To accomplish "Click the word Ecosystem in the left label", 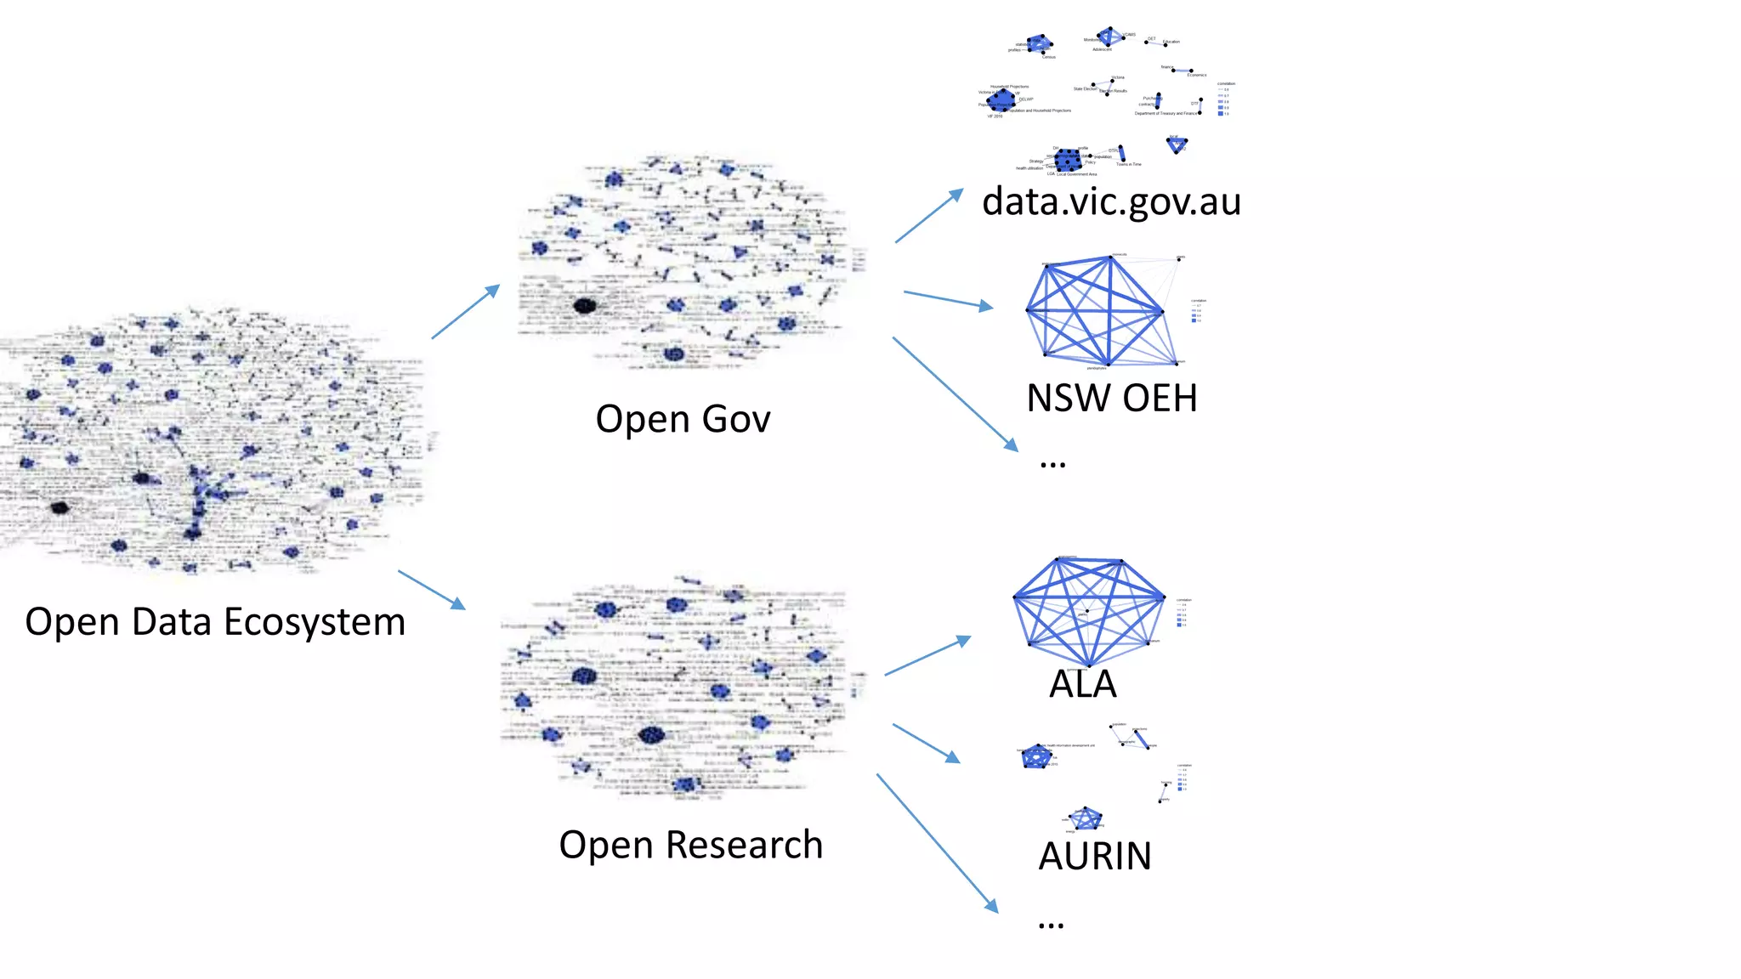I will tap(315, 622).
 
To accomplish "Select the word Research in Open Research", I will tap(744, 845).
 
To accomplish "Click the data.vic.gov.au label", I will tap(1111, 201).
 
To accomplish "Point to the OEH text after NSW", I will tap(1160, 398).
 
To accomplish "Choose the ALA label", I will tap(1082, 684).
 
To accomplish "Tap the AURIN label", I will tap(1095, 856).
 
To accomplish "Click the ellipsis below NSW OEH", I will tap(1052, 464).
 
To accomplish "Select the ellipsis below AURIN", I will tap(1051, 925).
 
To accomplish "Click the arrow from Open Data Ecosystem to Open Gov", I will tap(465, 312).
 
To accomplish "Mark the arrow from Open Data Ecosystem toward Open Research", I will tap(432, 590).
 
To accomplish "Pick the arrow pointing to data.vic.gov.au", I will tap(929, 216).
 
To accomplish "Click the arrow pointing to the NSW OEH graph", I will tap(948, 299).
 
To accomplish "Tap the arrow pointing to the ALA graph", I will tap(927, 655).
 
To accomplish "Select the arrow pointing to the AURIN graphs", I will tap(926, 743).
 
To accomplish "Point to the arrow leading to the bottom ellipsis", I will tap(937, 842).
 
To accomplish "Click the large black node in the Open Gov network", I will tap(584, 306).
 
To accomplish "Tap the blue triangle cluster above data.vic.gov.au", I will tap(1177, 145).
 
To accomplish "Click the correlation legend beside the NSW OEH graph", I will tap(1198, 311).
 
